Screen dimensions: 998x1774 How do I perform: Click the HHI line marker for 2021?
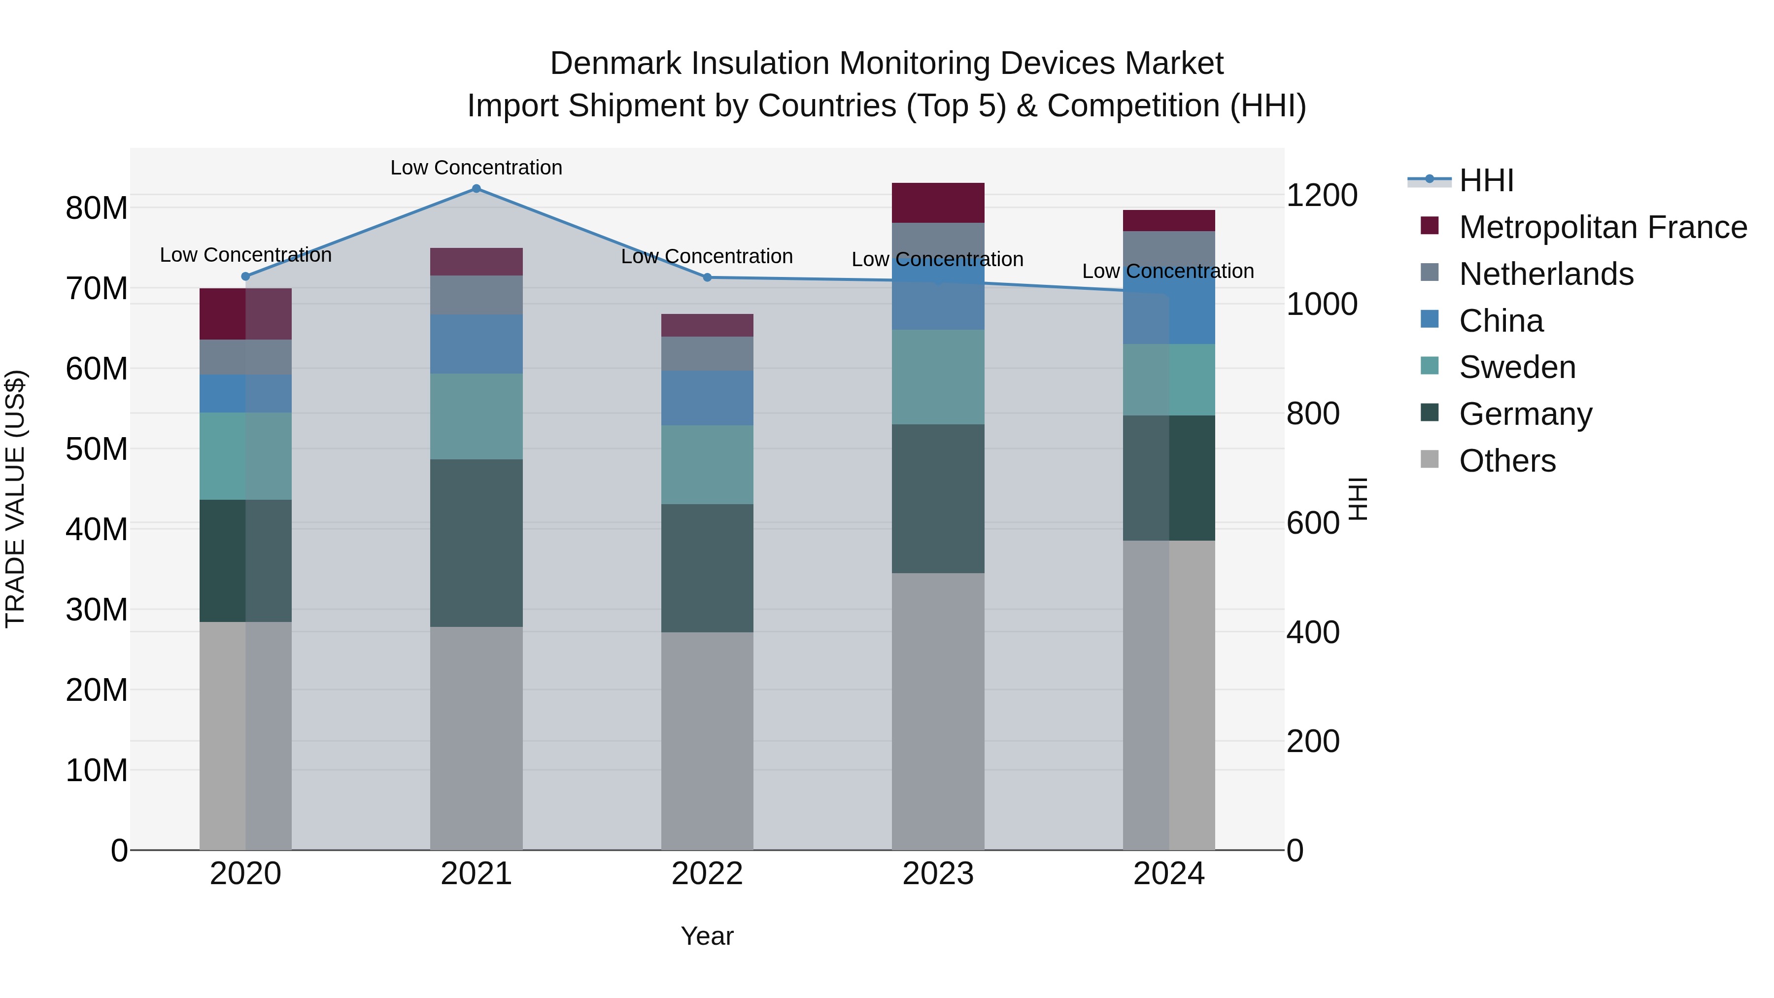point(476,189)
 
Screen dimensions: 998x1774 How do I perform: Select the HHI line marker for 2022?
point(707,277)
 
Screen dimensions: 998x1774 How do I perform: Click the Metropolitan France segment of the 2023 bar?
point(938,203)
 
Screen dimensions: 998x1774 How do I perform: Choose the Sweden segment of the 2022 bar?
point(707,465)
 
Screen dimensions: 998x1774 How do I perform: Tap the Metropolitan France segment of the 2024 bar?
point(1169,220)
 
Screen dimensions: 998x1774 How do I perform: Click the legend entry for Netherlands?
point(1545,274)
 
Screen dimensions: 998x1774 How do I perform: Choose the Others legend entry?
point(1507,461)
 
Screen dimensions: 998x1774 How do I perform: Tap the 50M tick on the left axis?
point(97,449)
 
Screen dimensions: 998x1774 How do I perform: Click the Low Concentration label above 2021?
point(476,168)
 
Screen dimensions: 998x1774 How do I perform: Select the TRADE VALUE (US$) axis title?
point(15,499)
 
